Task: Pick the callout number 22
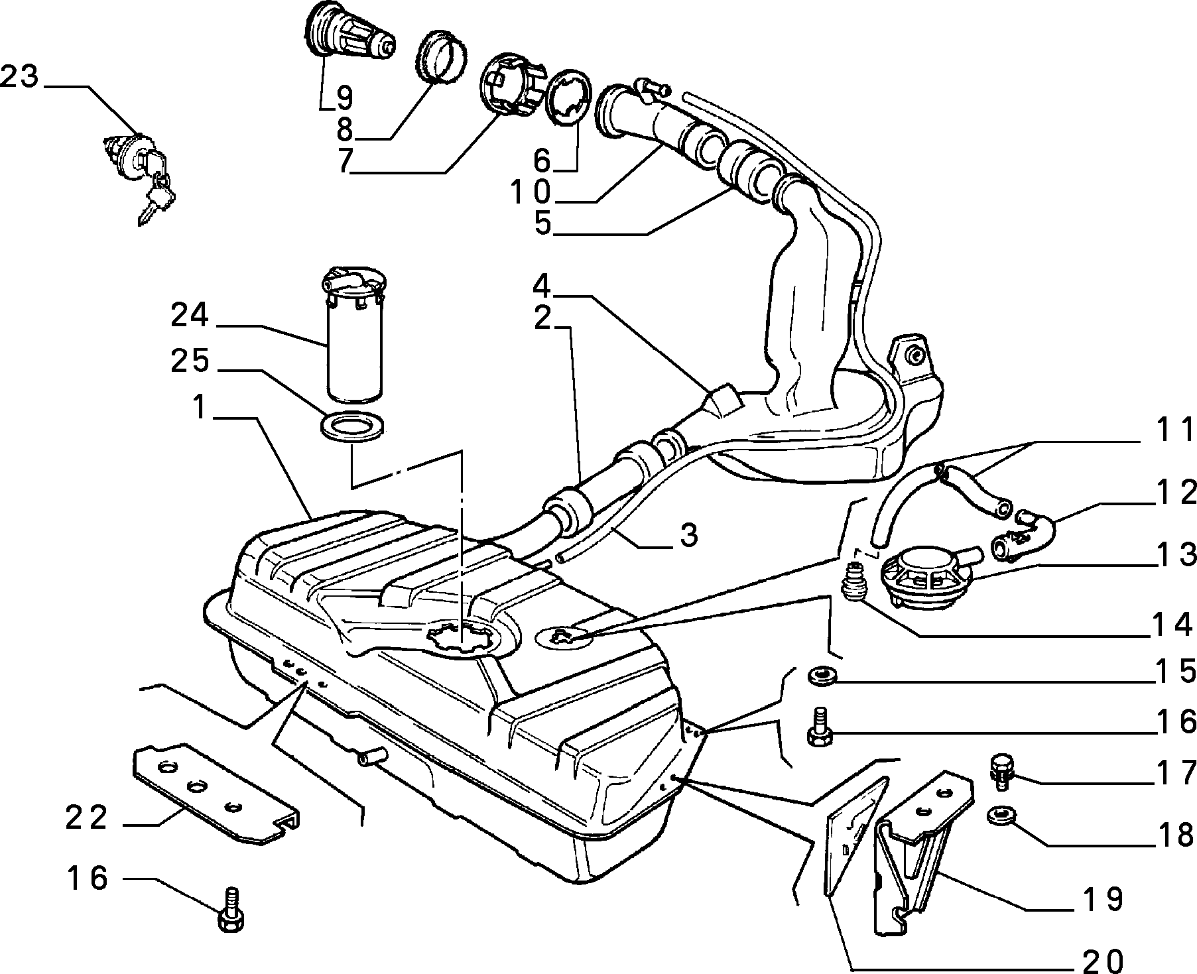pos(87,818)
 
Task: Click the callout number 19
pos(1105,899)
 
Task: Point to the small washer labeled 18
pos(998,816)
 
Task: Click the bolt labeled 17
pos(1000,769)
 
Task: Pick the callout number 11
pos(1172,432)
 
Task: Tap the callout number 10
pos(531,193)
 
